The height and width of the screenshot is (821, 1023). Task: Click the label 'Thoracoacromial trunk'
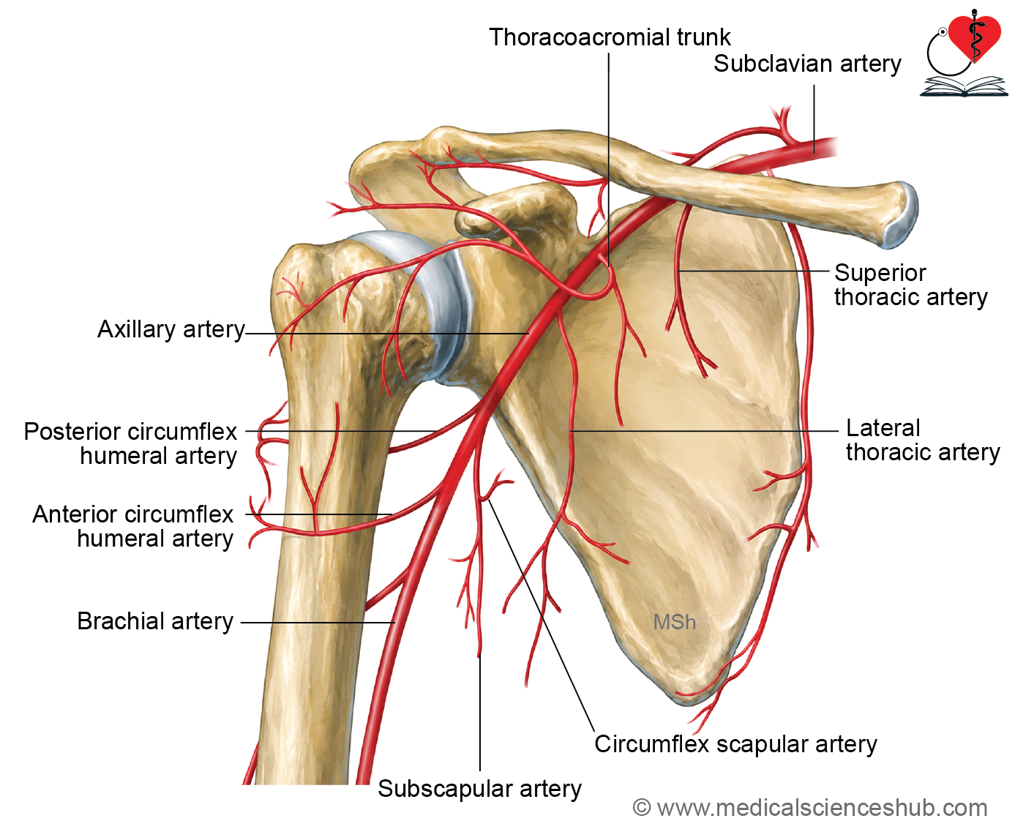point(610,37)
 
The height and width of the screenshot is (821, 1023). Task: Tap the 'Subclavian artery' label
point(807,64)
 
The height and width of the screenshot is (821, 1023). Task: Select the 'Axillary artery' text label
point(171,329)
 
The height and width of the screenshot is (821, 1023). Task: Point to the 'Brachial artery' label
point(155,621)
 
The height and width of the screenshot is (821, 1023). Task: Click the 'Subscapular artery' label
point(479,789)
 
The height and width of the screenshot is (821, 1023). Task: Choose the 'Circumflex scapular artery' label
point(735,744)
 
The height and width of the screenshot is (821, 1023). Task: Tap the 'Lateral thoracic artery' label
point(923,441)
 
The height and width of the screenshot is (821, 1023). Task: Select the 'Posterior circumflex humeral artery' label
point(130,443)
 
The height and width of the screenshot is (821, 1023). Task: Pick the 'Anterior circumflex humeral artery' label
point(132,526)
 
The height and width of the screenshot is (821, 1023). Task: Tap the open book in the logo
point(964,86)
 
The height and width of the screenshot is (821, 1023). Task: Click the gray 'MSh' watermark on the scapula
point(675,622)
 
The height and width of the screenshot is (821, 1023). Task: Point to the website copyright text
point(810,808)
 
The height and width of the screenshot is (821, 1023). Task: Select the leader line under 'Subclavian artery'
point(814,119)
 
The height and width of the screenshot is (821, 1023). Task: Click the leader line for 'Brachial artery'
point(318,622)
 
